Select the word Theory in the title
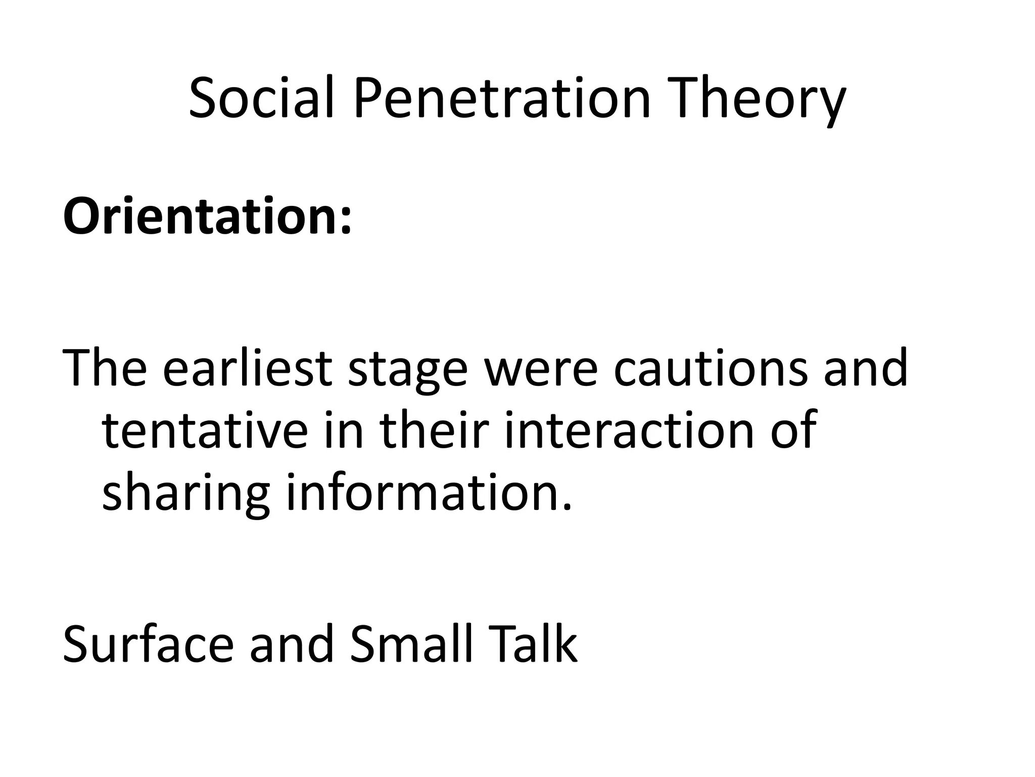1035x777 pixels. pyautogui.click(x=762, y=104)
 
